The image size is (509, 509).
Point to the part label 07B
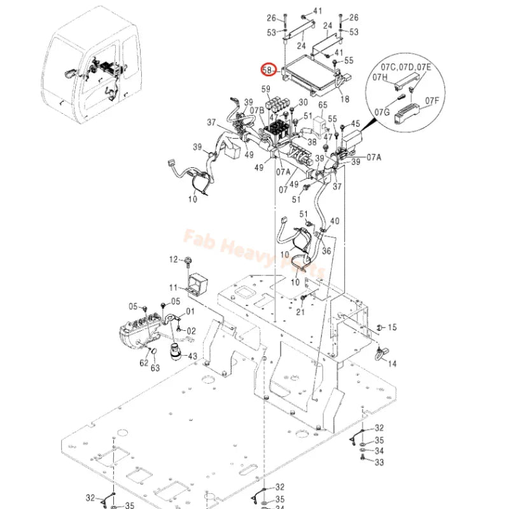click(x=256, y=110)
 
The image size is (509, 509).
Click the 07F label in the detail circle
click(x=432, y=101)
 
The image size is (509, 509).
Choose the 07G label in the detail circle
click(x=382, y=113)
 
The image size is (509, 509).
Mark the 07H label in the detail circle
click(x=380, y=77)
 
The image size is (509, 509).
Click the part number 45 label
click(x=355, y=124)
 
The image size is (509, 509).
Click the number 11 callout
click(x=173, y=289)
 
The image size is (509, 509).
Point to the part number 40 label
click(x=335, y=221)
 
